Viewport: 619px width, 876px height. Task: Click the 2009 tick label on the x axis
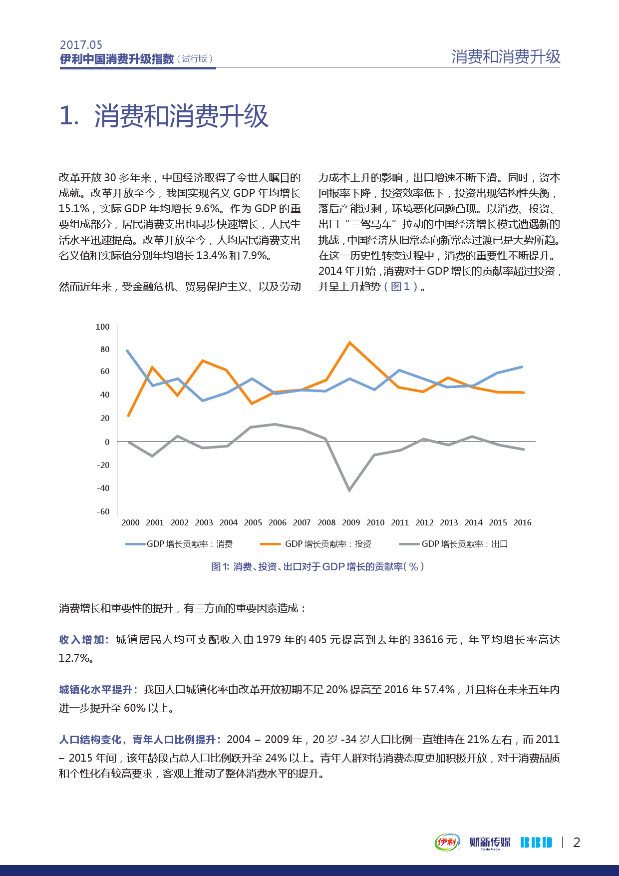coord(351,522)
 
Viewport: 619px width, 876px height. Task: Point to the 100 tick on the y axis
coord(102,327)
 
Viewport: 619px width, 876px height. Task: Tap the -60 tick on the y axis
coord(103,511)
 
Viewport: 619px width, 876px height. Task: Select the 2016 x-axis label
coord(522,522)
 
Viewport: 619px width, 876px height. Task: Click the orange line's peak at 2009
coord(350,343)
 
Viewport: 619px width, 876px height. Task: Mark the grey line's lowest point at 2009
coord(349,490)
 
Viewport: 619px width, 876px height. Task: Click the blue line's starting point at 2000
coord(127,351)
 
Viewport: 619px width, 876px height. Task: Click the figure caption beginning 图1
coord(317,566)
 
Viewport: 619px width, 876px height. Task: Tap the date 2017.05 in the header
coord(81,45)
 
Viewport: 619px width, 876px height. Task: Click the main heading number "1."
coord(69,116)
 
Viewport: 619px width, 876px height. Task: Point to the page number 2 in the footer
coord(577,843)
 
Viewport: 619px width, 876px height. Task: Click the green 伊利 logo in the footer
coord(447,842)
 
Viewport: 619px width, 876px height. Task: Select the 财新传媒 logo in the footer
coord(490,843)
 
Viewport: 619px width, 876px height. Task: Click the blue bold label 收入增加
coord(83,640)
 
